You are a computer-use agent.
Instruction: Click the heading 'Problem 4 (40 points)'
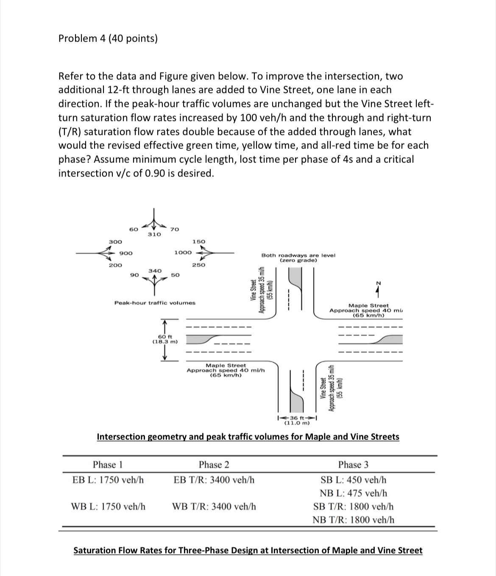(108, 39)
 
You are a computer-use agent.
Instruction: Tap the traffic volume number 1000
(183, 252)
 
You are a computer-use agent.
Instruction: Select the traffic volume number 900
(125, 253)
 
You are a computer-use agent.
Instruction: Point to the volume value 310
(154, 234)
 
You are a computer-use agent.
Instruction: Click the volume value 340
(155, 270)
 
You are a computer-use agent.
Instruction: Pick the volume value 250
(198, 265)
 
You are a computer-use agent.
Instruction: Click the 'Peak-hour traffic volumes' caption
(155, 303)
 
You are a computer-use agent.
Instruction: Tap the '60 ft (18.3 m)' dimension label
(164, 339)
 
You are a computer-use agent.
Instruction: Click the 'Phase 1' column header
(108, 464)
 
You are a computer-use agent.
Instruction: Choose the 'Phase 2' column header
(214, 464)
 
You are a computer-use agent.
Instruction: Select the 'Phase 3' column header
(353, 464)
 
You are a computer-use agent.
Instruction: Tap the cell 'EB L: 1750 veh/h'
(108, 480)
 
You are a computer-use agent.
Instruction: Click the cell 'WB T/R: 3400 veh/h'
(214, 506)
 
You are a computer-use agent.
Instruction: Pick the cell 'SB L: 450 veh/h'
(353, 480)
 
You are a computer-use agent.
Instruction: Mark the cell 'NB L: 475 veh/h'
(353, 493)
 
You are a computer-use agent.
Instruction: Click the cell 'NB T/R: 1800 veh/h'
(353, 519)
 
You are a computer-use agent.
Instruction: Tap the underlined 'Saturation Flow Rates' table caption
(248, 551)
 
